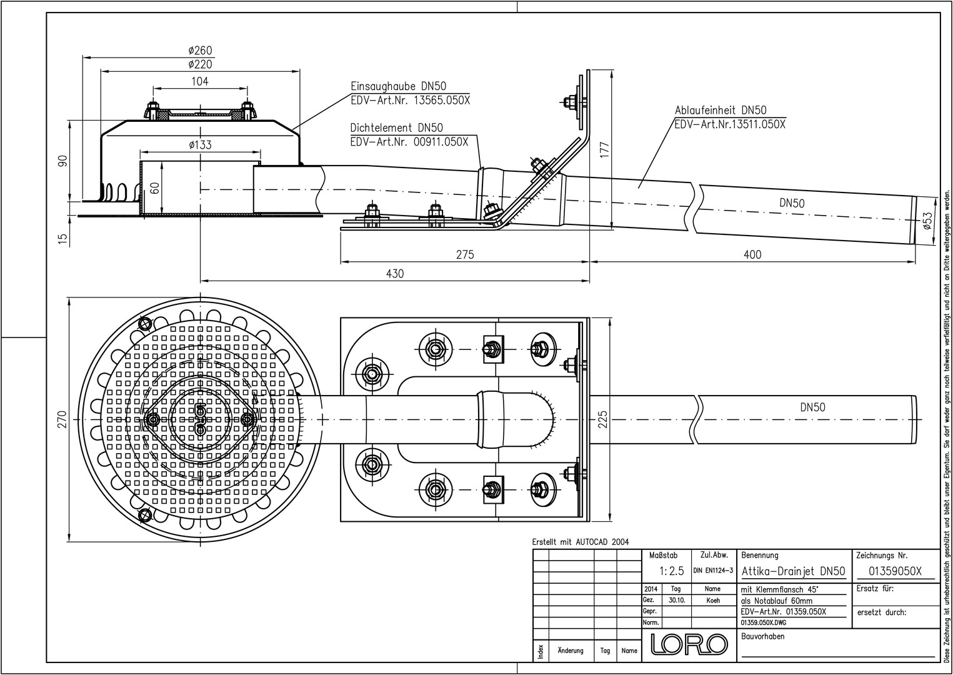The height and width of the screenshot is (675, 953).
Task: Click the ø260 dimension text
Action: pyautogui.click(x=200, y=50)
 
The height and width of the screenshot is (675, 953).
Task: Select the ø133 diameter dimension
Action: pyautogui.click(x=200, y=145)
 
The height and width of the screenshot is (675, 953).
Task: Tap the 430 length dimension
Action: pyautogui.click(x=395, y=273)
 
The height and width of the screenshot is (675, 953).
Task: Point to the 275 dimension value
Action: pyautogui.click(x=465, y=254)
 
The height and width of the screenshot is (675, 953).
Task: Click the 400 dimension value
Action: pyautogui.click(x=753, y=254)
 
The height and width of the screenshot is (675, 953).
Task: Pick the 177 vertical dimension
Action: pyautogui.click(x=604, y=150)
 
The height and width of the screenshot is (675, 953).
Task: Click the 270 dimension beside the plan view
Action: pyautogui.click(x=61, y=419)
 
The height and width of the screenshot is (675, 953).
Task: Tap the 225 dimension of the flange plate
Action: pyautogui.click(x=603, y=419)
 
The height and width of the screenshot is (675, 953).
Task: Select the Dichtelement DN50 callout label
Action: pyautogui.click(x=397, y=128)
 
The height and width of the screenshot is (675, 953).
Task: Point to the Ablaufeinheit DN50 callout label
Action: pyautogui.click(x=721, y=111)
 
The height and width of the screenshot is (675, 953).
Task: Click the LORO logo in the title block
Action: pyautogui.click(x=689, y=644)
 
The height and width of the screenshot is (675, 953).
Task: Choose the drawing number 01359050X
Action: pyautogui.click(x=896, y=571)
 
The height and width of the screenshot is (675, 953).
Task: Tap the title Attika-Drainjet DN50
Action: pyautogui.click(x=793, y=571)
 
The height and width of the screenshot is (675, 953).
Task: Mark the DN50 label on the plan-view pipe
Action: pyautogui.click(x=812, y=407)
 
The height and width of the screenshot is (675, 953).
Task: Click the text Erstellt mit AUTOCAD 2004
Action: pyautogui.click(x=581, y=542)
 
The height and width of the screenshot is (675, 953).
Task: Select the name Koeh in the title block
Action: pyautogui.click(x=712, y=600)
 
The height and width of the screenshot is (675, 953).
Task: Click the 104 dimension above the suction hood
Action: pyautogui.click(x=200, y=81)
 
